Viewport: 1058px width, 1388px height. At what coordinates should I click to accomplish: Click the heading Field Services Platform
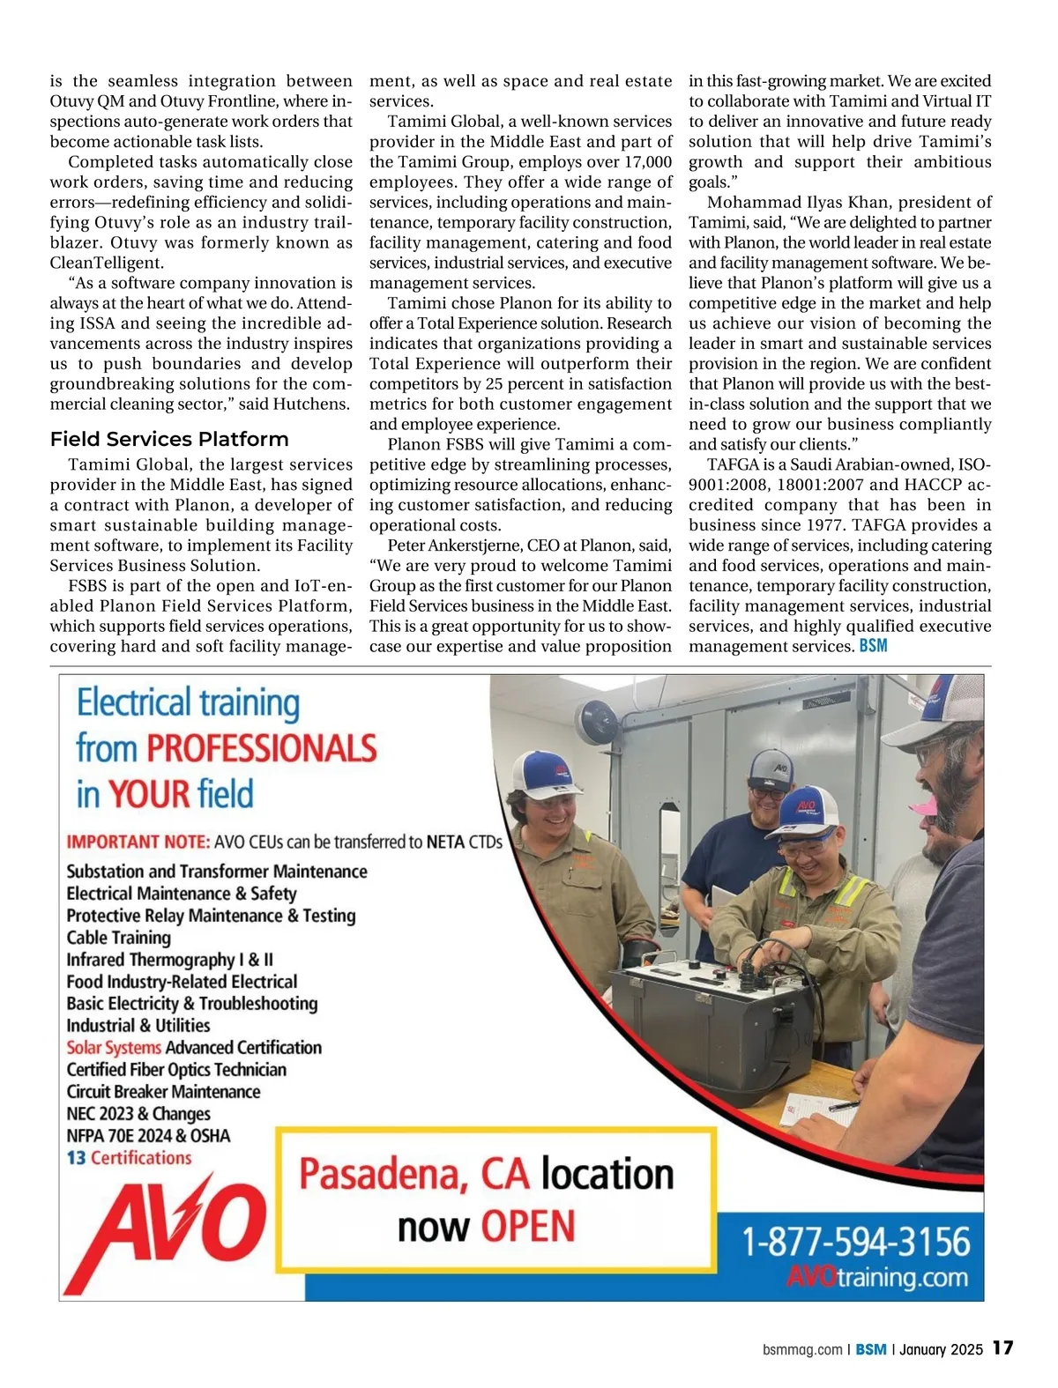click(x=169, y=439)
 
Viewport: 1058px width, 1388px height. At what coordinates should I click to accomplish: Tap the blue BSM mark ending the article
click(x=873, y=646)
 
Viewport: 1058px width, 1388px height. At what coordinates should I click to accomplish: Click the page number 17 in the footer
click(x=1002, y=1347)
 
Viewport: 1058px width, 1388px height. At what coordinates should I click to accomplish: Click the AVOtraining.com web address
click(x=876, y=1277)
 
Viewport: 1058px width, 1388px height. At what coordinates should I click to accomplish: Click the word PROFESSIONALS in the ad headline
click(x=262, y=748)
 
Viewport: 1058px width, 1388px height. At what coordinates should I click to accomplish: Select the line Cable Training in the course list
click(x=119, y=938)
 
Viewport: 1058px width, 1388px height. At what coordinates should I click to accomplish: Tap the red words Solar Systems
click(x=114, y=1048)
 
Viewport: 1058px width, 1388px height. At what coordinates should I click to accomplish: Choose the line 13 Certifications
click(x=129, y=1158)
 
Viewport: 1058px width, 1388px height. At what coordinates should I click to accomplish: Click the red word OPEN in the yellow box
click(x=528, y=1227)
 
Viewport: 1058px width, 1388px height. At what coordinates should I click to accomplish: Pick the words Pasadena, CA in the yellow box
click(x=414, y=1175)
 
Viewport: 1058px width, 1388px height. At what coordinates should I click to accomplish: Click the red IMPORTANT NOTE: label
click(x=138, y=842)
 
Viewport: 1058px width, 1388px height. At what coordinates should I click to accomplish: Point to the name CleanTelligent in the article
click(x=107, y=263)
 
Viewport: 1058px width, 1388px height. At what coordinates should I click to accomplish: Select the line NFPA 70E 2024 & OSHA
click(x=148, y=1136)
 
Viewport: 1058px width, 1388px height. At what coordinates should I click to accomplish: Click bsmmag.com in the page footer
click(x=802, y=1349)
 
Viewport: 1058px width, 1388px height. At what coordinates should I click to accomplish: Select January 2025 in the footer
click(x=941, y=1349)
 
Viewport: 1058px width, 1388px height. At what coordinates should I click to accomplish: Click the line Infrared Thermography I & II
click(x=170, y=960)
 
